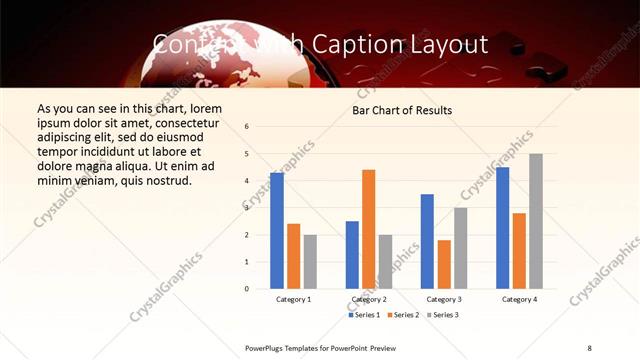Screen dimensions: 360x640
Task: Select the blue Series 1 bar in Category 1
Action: tap(277, 231)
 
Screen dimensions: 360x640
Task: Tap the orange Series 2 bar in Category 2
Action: tap(368, 229)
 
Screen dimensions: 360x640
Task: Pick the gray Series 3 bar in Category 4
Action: tap(536, 221)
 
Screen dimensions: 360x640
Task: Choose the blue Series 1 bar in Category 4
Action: tap(502, 228)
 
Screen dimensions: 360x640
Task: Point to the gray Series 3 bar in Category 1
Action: tap(310, 262)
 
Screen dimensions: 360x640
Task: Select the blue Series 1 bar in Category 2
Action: tap(352, 255)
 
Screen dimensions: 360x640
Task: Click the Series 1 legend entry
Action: tap(364, 315)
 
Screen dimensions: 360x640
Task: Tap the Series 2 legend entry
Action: tap(402, 315)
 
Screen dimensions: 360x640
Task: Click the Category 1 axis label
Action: tap(293, 299)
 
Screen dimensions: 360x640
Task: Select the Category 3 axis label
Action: tap(443, 299)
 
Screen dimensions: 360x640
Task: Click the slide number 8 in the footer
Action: tap(589, 347)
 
